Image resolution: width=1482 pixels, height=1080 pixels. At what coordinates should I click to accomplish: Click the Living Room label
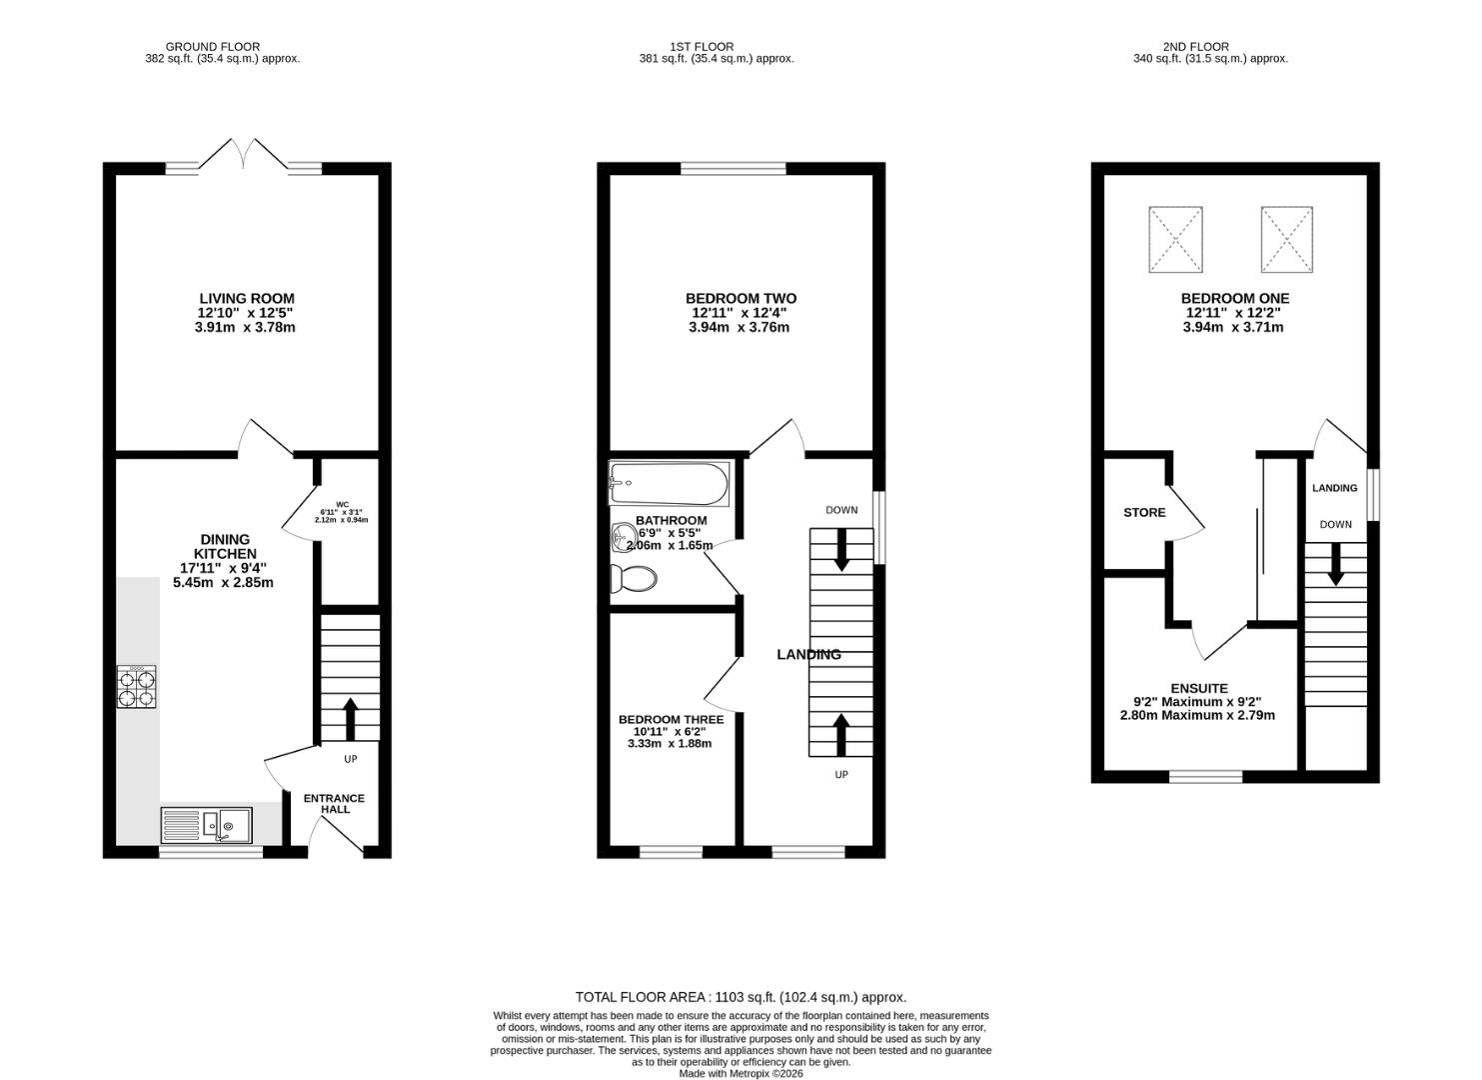point(247,299)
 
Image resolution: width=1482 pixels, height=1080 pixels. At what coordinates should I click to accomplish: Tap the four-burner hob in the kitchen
point(137,687)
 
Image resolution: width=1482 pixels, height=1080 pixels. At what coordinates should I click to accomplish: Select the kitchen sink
point(206,825)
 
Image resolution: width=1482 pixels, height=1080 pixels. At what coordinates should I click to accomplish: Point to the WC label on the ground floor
point(342,504)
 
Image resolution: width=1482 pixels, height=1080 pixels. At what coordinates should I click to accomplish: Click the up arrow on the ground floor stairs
point(350,718)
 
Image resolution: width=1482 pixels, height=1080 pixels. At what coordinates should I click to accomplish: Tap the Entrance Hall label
point(334,803)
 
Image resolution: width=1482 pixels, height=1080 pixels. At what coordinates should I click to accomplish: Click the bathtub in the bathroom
point(669,483)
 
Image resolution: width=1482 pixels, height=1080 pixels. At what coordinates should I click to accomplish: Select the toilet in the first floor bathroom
point(634,579)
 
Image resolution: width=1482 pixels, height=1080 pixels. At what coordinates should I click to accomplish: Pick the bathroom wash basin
point(622,536)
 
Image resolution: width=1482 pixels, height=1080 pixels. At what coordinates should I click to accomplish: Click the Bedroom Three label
point(671,719)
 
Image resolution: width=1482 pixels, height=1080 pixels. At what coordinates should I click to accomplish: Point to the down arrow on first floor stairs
point(841,549)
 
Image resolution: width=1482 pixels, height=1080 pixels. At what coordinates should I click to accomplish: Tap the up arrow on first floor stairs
point(840,734)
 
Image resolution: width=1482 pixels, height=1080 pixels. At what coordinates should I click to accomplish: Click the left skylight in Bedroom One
point(1175,239)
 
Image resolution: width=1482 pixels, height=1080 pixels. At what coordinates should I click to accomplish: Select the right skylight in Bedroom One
point(1287,239)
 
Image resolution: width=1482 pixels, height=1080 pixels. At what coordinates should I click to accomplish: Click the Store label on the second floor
point(1144,513)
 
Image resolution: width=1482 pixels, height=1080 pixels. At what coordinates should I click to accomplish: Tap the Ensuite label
point(1199,688)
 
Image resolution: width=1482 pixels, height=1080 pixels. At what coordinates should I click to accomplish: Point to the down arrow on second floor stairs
point(1336,564)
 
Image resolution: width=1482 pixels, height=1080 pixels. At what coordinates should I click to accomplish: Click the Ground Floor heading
point(213,47)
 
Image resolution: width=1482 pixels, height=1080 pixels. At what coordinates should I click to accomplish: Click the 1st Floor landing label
point(808,654)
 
